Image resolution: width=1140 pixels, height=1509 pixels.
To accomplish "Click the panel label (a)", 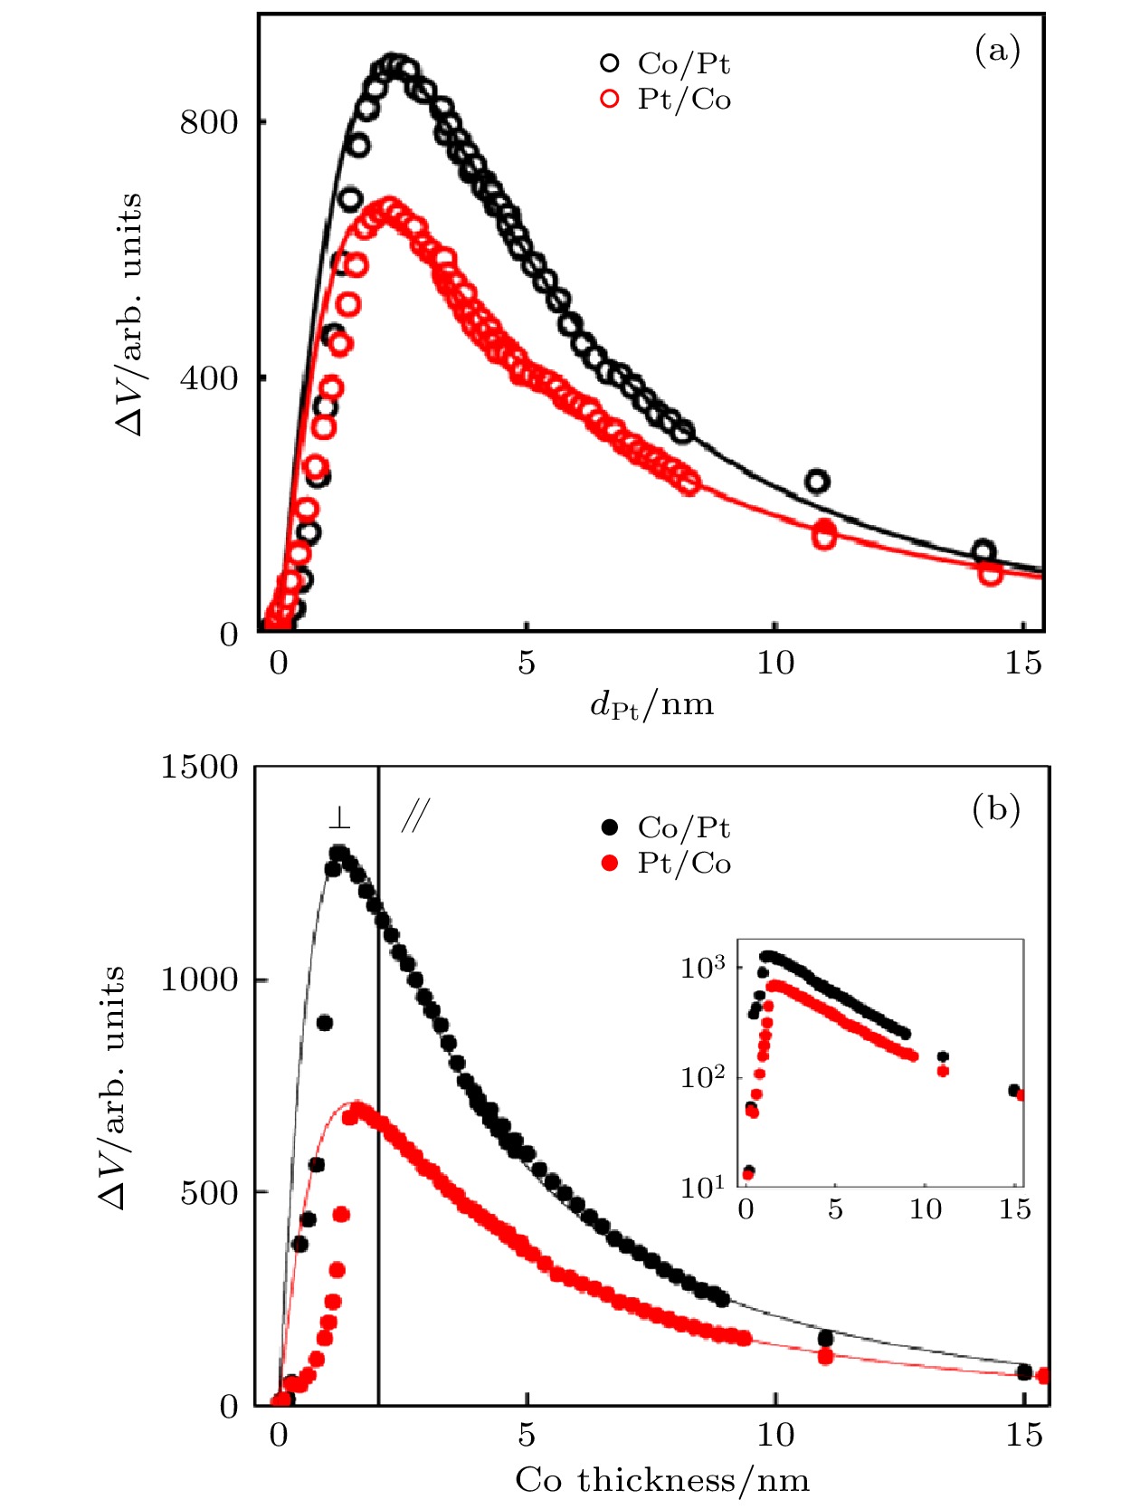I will click(997, 51).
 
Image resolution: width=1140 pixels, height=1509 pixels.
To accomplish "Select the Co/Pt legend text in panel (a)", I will click(683, 63).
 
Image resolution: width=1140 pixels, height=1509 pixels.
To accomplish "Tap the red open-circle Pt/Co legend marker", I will click(610, 99).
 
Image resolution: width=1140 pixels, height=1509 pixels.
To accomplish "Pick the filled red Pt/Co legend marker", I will click(610, 863).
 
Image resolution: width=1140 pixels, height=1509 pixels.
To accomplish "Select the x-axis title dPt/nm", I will click(651, 704).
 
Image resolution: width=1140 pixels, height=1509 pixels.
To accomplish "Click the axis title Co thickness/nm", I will click(662, 1480).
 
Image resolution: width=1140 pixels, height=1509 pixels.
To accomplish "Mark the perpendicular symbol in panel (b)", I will click(339, 818).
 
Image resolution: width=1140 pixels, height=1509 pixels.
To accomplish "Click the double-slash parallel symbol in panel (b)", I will click(414, 817).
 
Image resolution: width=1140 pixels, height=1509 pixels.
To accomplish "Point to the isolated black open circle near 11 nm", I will click(817, 482).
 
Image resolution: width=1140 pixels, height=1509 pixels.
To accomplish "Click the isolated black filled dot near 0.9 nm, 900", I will click(325, 1023).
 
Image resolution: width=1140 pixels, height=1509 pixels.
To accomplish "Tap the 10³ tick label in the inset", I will click(703, 968).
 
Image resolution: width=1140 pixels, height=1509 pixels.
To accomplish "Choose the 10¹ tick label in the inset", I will click(703, 1187).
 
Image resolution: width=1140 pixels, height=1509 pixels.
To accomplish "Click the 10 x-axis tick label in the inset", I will click(925, 1209).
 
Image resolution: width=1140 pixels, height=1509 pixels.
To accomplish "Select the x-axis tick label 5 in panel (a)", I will click(527, 664).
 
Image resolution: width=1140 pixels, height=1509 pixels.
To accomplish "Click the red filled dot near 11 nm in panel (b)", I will click(825, 1356).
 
